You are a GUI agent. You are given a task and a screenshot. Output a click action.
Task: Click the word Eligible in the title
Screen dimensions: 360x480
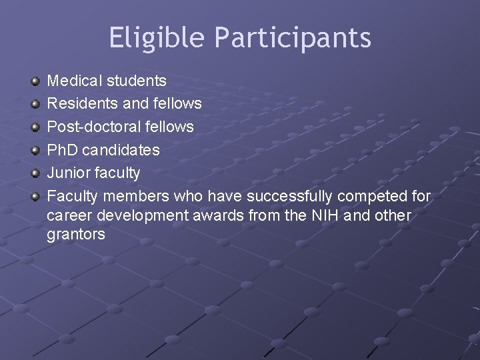click(x=157, y=38)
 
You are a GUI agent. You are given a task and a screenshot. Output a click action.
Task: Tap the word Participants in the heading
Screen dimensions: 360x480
click(x=293, y=38)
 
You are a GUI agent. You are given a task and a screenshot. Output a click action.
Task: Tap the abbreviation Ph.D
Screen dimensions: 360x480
click(x=62, y=150)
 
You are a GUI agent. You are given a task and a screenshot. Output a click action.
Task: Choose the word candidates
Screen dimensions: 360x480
click(x=121, y=150)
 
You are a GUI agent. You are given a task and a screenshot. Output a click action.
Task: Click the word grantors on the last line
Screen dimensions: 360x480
click(x=76, y=235)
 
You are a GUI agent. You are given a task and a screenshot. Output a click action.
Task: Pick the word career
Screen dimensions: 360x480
click(x=67, y=216)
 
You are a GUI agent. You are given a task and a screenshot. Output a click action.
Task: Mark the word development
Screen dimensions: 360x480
click(x=147, y=216)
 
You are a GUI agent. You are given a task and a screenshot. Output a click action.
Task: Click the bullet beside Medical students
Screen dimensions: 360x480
click(x=35, y=81)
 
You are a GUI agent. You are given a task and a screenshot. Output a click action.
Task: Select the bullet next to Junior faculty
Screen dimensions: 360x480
click(x=35, y=173)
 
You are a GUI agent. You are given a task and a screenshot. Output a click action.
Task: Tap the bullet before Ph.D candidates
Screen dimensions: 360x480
click(x=35, y=150)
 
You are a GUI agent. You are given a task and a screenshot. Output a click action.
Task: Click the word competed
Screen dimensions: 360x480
click(x=373, y=196)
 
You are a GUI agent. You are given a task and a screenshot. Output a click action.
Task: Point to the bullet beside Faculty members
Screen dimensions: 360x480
click(x=35, y=197)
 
